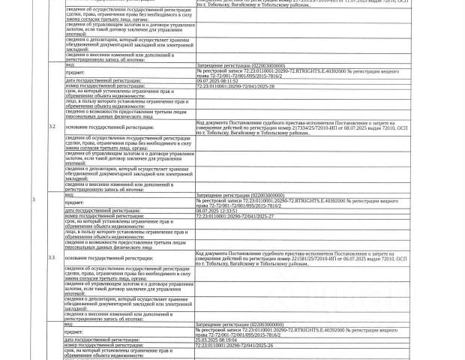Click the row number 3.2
click(52, 126)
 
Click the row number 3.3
click(52, 257)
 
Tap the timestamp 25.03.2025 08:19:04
click(217, 340)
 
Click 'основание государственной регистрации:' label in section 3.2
click(109, 127)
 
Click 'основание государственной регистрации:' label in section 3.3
click(109, 258)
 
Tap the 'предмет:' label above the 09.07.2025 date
click(74, 73)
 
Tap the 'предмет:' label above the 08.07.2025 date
click(74, 203)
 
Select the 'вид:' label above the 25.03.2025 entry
click(69, 324)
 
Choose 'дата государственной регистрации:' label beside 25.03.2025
click(103, 340)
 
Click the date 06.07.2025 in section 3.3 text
click(344, 259)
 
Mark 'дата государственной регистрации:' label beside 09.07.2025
click(103, 80)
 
